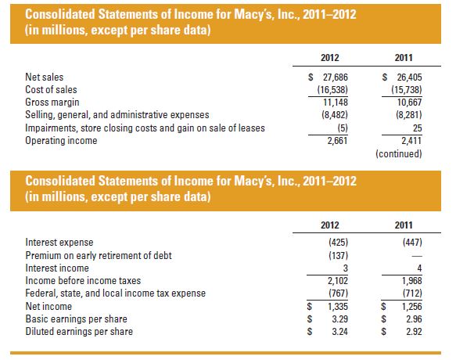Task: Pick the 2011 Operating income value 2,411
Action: click(404, 141)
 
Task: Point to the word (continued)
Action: click(399, 153)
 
